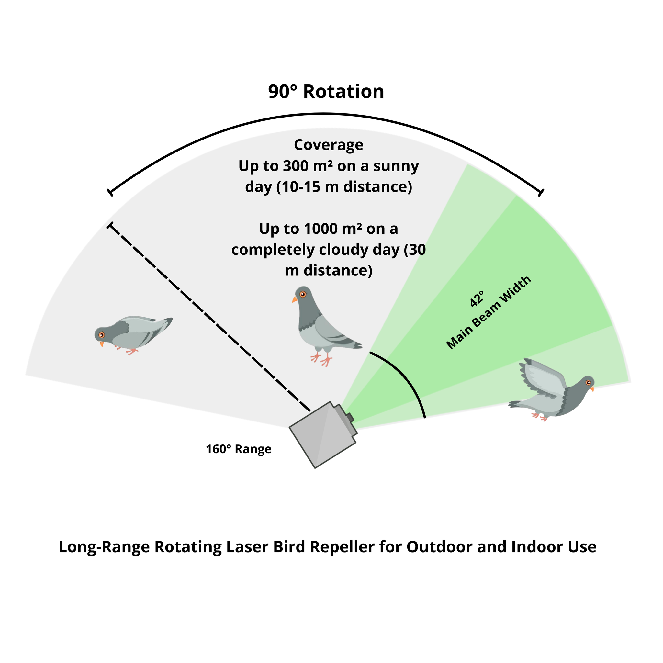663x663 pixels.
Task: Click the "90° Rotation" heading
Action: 326,92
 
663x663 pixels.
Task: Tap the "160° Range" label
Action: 239,449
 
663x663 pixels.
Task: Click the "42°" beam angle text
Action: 477,298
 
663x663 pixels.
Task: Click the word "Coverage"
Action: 328,145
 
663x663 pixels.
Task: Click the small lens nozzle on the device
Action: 350,418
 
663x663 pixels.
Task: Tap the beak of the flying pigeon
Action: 592,389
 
